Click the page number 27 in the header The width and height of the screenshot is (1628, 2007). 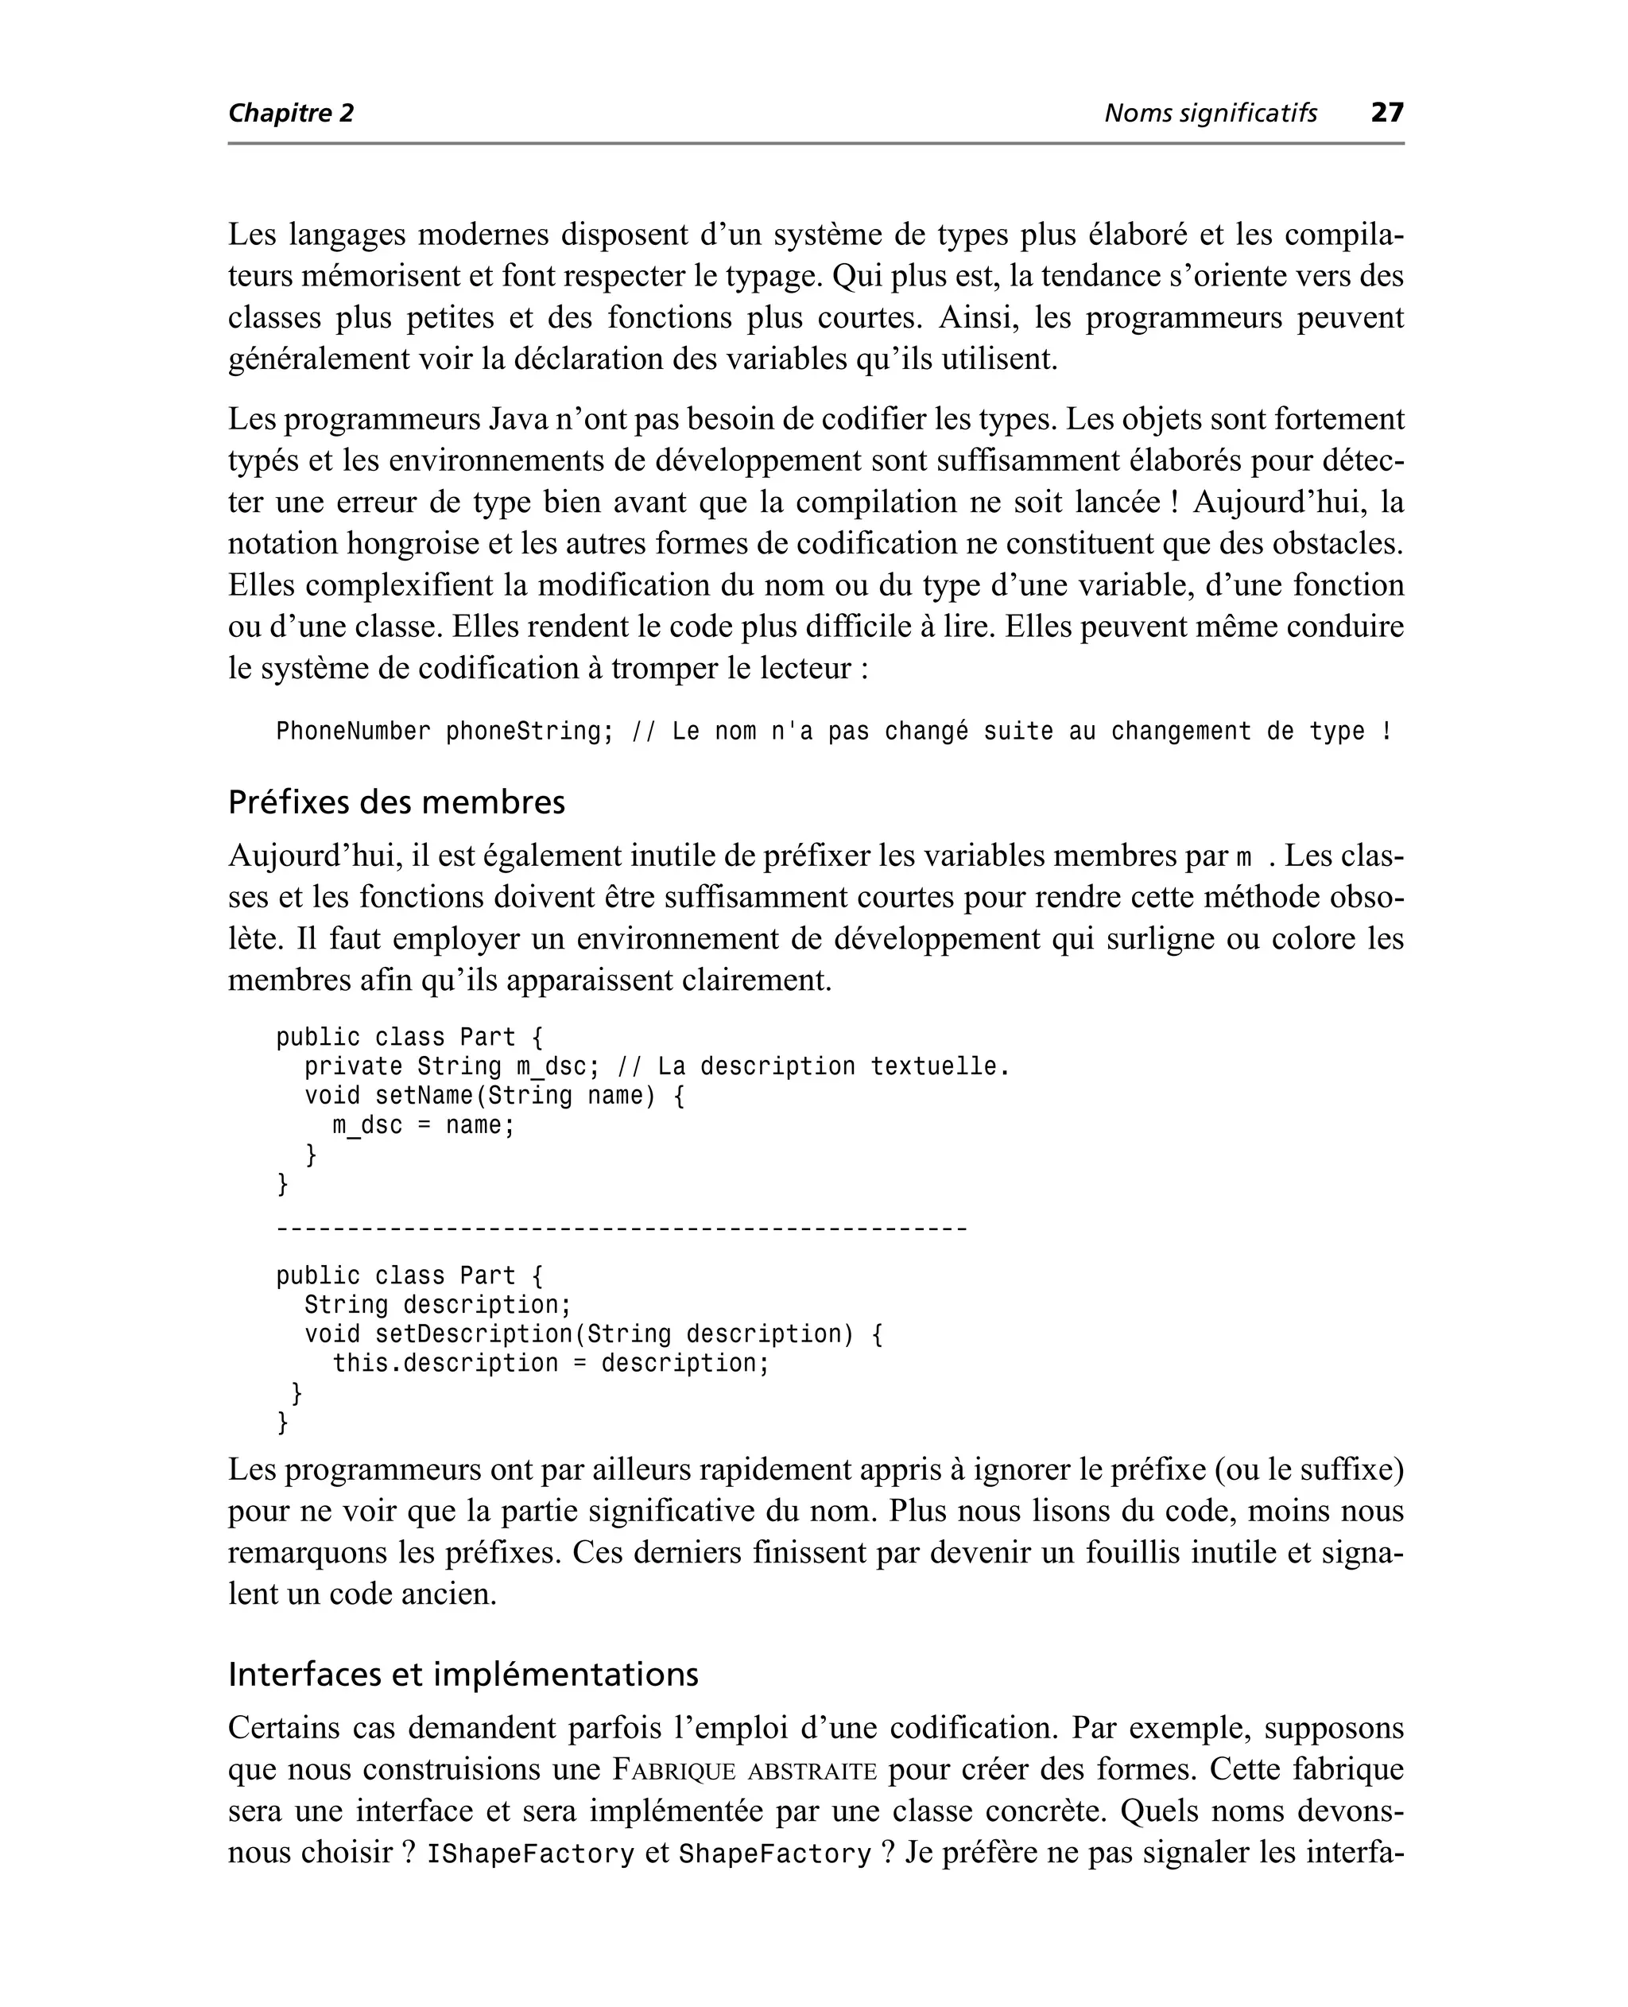1387,113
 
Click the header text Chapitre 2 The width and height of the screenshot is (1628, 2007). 291,114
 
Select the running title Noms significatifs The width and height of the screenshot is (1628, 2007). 1210,114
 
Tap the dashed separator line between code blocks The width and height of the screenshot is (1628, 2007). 621,1229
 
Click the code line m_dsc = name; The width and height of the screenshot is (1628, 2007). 424,1124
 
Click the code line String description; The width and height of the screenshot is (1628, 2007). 438,1305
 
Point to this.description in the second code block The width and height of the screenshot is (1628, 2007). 445,1363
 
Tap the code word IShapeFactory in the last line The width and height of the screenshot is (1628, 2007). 531,1854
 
